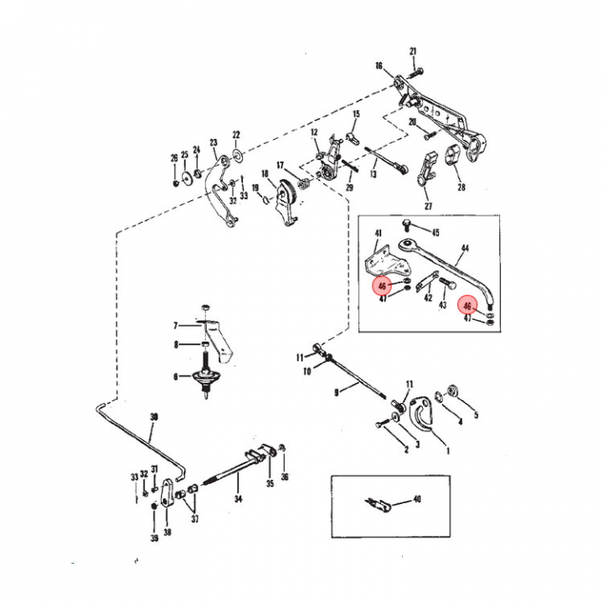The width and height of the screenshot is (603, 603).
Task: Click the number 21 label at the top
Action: point(413,52)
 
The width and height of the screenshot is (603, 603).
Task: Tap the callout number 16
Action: point(379,66)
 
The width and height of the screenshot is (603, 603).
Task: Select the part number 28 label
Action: point(461,188)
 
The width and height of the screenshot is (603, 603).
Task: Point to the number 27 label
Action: point(428,205)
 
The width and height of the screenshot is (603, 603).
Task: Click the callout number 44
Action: point(465,249)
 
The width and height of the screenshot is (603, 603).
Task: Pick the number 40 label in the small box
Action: point(417,499)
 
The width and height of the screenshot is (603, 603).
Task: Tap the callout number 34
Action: point(238,500)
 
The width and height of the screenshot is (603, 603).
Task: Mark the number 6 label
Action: point(176,377)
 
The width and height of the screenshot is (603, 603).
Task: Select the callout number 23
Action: point(214,142)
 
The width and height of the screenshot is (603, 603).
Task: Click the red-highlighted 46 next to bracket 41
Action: point(382,286)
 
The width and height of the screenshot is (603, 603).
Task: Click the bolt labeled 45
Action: point(406,224)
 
